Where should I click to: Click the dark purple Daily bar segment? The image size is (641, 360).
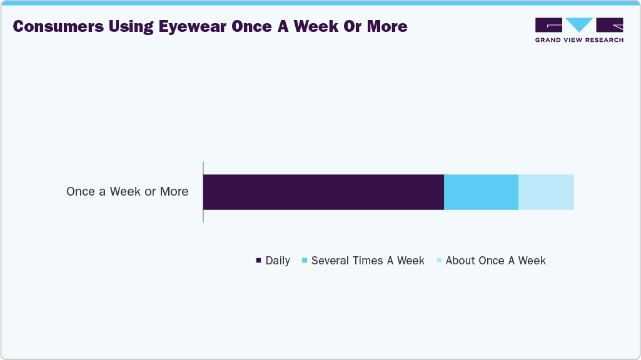[x=323, y=192]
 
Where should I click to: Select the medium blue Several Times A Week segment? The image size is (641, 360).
[x=481, y=192]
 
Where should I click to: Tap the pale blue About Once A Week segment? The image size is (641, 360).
[x=546, y=192]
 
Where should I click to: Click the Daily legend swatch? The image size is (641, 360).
[x=258, y=260]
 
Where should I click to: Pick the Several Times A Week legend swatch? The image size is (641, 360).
[x=304, y=260]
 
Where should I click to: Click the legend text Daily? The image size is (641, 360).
[x=278, y=261]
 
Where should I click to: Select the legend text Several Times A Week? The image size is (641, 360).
[x=368, y=261]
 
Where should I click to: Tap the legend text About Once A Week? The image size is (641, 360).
[x=495, y=261]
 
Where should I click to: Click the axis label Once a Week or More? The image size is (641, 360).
[x=127, y=192]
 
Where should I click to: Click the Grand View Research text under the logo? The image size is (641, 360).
[x=579, y=40]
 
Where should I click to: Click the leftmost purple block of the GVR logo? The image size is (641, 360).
[x=548, y=25]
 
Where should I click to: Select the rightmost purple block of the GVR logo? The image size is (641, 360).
[x=610, y=25]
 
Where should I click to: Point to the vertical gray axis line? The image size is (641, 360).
[x=203, y=191]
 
